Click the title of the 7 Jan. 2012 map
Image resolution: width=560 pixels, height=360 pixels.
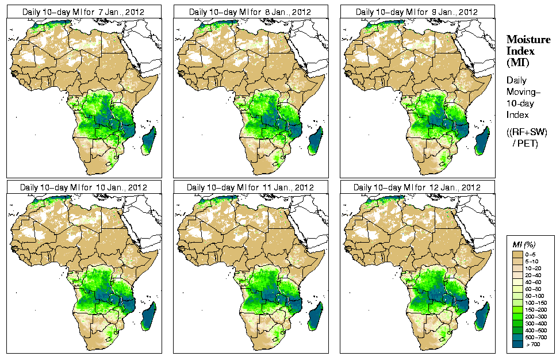click(x=83, y=12)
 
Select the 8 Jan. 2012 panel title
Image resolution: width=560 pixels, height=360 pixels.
click(x=251, y=12)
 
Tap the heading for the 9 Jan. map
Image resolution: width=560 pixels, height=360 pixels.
click(x=417, y=12)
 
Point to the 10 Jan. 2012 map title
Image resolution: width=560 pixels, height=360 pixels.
click(x=83, y=187)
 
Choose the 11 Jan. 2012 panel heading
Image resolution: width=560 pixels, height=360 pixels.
click(x=251, y=187)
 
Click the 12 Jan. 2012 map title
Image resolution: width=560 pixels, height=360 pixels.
click(x=417, y=187)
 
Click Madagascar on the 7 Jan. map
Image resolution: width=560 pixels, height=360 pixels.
click(x=148, y=141)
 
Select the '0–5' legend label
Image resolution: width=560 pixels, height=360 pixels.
click(x=532, y=254)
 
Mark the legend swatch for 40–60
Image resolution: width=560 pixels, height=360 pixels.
click(x=517, y=281)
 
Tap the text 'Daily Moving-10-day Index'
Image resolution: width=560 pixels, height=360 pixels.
click(x=520, y=101)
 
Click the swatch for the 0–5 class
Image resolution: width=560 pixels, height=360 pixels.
click(x=517, y=254)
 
